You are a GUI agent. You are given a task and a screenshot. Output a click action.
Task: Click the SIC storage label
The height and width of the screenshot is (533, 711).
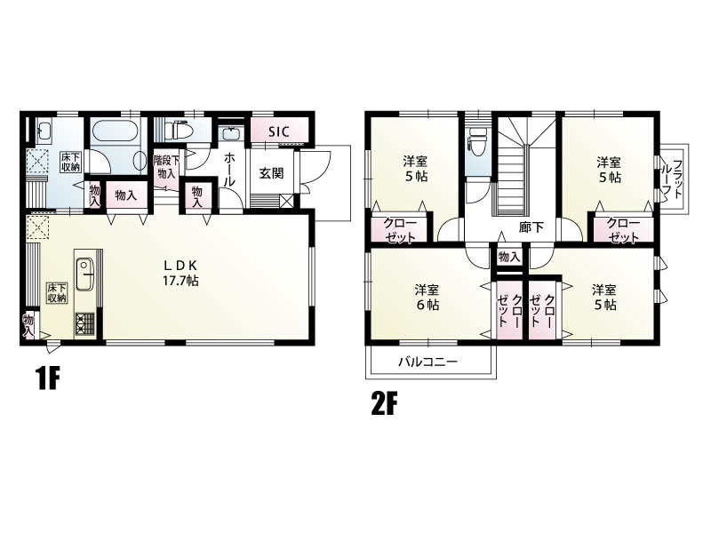click(x=278, y=131)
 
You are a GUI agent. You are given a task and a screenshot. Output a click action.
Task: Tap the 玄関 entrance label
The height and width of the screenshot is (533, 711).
click(x=271, y=173)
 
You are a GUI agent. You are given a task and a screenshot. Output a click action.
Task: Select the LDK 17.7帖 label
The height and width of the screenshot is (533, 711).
click(x=180, y=273)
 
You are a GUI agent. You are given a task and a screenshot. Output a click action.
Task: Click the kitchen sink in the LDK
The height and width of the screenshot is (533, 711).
click(x=84, y=274)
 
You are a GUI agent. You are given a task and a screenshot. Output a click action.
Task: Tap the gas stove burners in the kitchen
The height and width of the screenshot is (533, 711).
click(x=84, y=324)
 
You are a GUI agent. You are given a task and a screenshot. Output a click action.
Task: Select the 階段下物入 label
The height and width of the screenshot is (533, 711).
click(x=166, y=166)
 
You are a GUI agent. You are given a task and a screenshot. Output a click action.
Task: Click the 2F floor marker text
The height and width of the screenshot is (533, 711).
click(x=384, y=404)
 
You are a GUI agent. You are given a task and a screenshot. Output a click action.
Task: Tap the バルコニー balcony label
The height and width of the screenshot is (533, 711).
click(x=428, y=362)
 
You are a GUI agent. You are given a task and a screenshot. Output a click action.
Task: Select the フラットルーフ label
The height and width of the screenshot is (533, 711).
click(x=673, y=179)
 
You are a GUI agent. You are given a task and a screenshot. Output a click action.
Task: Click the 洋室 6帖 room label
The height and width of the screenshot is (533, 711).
click(x=427, y=297)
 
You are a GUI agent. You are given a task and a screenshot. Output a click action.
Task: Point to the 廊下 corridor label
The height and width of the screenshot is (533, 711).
click(x=531, y=227)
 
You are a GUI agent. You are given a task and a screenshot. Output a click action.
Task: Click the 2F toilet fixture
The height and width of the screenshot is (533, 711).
click(x=478, y=141)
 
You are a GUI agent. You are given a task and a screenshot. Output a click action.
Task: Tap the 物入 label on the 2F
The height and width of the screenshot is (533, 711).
click(x=508, y=257)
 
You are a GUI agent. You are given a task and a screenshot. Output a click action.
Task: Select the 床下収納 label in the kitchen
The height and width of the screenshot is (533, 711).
click(x=57, y=293)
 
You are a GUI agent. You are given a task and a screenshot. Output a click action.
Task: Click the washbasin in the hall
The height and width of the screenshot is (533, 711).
click(x=232, y=134)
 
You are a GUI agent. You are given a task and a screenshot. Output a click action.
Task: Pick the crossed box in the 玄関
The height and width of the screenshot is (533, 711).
click(x=286, y=201)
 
